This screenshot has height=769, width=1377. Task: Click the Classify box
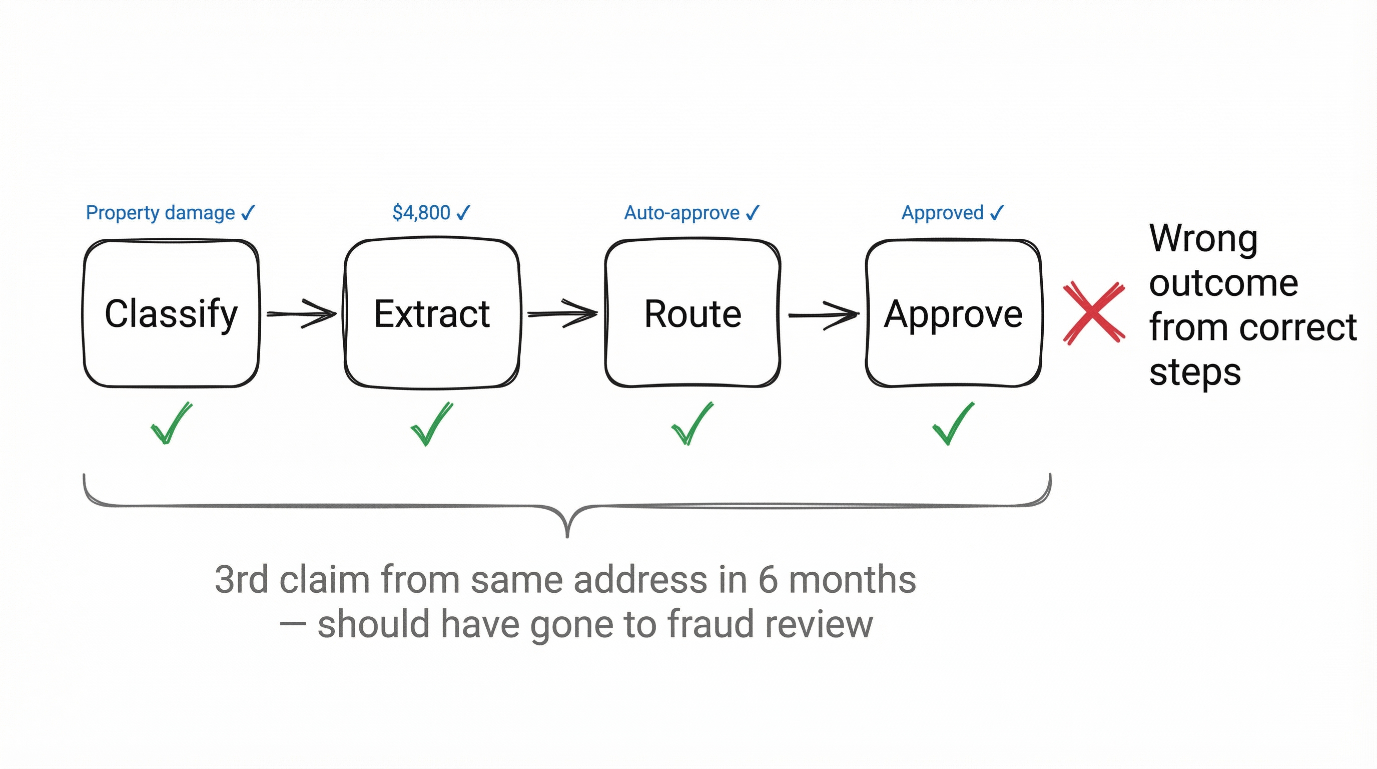tap(171, 313)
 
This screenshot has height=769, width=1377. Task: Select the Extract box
tap(432, 313)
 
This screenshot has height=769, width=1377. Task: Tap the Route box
tap(693, 313)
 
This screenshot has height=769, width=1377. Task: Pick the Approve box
tap(953, 313)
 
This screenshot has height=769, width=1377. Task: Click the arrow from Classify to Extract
tap(302, 314)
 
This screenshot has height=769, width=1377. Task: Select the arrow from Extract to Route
tap(562, 314)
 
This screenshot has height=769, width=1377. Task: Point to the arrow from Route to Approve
tap(823, 315)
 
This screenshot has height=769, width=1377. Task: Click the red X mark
tap(1094, 313)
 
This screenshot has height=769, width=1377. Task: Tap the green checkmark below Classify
tap(171, 424)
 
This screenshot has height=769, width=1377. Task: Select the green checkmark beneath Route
tap(691, 424)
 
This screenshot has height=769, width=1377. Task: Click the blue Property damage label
tap(160, 213)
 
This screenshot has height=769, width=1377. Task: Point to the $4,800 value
tap(421, 213)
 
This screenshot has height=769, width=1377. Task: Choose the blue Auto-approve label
tap(681, 213)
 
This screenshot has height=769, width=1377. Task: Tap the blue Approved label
tap(942, 213)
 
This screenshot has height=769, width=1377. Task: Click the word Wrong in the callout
tap(1203, 238)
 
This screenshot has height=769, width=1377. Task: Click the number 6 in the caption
tap(768, 580)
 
